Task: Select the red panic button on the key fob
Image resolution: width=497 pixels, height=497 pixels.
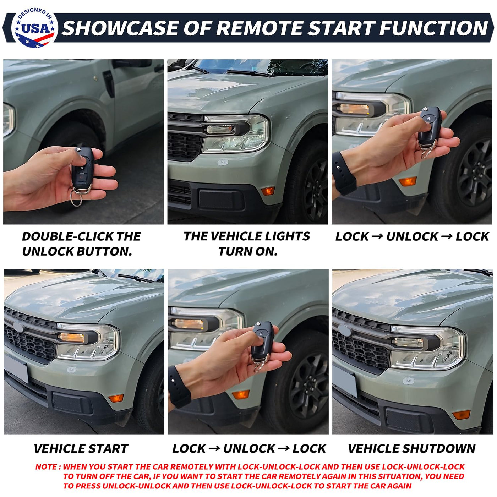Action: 82,178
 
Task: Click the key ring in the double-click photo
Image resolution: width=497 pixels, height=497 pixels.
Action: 76,197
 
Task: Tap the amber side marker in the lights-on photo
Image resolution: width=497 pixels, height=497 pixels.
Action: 268,191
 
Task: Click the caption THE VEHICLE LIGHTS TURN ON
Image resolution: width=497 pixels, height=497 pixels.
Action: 247,244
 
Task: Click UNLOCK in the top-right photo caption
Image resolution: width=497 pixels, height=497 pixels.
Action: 412,236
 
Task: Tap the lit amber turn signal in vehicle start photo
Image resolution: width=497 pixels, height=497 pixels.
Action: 71,338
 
